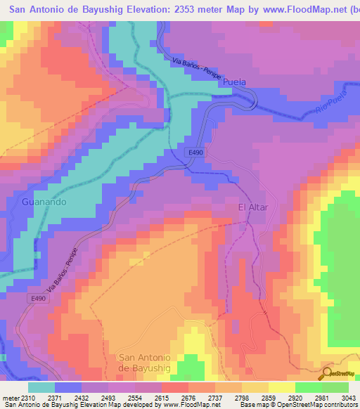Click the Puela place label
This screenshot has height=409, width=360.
[234, 82]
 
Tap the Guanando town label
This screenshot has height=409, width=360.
[44, 202]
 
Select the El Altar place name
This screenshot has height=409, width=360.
[254, 207]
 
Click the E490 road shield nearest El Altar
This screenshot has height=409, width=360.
[195, 152]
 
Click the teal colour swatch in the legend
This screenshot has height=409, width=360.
[41, 387]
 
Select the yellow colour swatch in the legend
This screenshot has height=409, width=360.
[282, 387]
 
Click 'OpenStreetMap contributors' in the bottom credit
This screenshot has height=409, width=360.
[327, 405]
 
